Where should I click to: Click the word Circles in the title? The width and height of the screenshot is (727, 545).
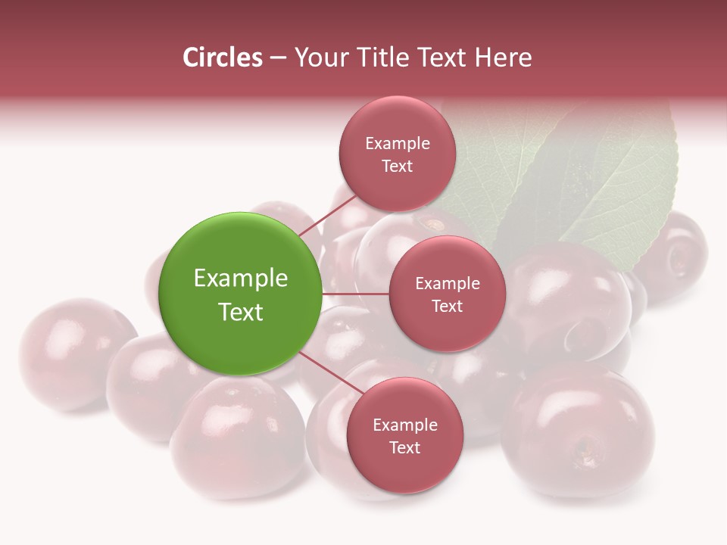tap(223, 58)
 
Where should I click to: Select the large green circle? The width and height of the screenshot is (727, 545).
tap(241, 294)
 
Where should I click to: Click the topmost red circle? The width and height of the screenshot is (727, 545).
tap(397, 154)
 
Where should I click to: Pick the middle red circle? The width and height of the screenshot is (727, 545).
tap(447, 294)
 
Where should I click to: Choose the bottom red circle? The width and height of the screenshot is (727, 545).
tap(404, 435)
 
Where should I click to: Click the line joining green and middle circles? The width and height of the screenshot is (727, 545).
tap(355, 294)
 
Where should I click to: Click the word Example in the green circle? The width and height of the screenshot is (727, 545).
tap(241, 278)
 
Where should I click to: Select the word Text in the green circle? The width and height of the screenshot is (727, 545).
tap(241, 312)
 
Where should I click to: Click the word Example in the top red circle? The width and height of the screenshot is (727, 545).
tap(397, 143)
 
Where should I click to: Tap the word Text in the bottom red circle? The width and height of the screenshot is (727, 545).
tap(404, 447)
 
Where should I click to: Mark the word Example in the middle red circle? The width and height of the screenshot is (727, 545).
tap(447, 284)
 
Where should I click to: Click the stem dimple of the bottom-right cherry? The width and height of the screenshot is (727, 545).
tap(585, 453)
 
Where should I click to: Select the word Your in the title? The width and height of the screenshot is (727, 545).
tap(319, 58)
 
